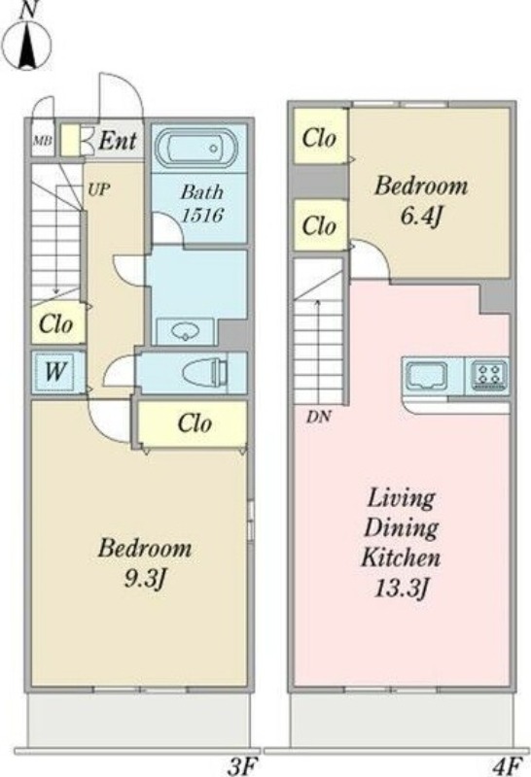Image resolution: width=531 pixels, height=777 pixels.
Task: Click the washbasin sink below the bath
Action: pos(185,330)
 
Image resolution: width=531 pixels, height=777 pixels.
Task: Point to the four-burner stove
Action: pos(487,374)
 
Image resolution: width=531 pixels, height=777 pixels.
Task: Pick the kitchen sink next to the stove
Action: pos(427,375)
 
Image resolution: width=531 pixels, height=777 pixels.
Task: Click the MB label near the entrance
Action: pos(42,140)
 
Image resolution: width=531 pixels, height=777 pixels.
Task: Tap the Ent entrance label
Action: pos(117,141)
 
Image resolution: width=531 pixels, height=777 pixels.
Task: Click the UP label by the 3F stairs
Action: pos(99,189)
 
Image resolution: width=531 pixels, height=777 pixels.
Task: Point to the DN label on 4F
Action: pos(318,417)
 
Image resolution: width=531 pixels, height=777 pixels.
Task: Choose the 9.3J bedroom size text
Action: pos(143,578)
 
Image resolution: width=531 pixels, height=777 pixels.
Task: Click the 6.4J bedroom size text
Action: pos(421,217)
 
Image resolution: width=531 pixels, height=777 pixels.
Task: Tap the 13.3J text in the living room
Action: pos(401,589)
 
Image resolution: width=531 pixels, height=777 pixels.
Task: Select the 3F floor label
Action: pos(243,767)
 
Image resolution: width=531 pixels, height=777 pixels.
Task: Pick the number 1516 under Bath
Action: pos(202,215)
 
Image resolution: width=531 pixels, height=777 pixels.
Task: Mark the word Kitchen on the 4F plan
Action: pos(401,557)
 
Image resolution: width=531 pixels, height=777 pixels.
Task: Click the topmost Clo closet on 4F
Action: pos(320,137)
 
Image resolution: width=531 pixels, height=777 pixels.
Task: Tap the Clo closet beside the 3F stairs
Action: pos(56,324)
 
